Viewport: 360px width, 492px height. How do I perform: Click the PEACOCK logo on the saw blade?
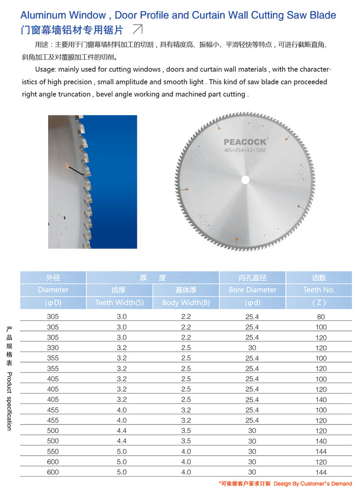(245, 142)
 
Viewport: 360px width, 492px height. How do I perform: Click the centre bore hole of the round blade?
(245, 180)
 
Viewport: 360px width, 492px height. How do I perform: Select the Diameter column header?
(53, 290)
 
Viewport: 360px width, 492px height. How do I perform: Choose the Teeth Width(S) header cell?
(119, 303)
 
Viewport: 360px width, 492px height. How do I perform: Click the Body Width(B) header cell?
(186, 303)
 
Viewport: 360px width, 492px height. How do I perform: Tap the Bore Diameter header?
(252, 290)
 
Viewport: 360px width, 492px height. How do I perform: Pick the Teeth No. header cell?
(319, 290)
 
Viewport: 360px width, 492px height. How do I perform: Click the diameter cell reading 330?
(53, 348)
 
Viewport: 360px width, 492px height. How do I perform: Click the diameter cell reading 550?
(53, 452)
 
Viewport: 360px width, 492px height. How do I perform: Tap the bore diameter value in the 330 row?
(252, 348)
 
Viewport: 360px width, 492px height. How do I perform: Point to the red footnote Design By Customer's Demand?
(312, 484)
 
